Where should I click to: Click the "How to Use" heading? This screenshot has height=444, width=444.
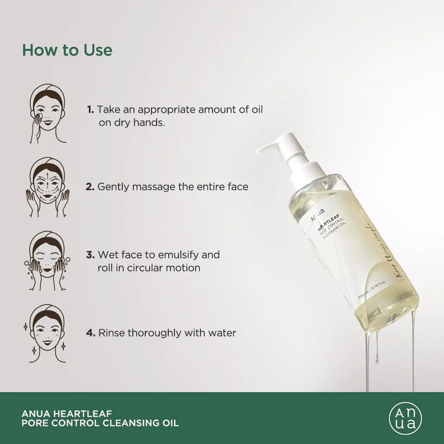67,50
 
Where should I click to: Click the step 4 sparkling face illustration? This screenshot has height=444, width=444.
47,334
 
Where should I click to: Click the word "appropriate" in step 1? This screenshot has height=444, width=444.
167,110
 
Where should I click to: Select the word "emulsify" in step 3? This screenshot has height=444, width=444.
178,255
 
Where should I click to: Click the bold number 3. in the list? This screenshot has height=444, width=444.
90,255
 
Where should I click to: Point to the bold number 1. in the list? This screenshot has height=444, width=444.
91,110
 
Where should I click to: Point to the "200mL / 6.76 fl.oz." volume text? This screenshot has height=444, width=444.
372,290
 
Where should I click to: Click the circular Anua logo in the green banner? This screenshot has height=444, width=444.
405,418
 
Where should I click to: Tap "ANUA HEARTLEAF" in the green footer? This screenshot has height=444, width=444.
67,414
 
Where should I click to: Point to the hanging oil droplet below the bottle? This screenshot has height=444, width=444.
377,358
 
